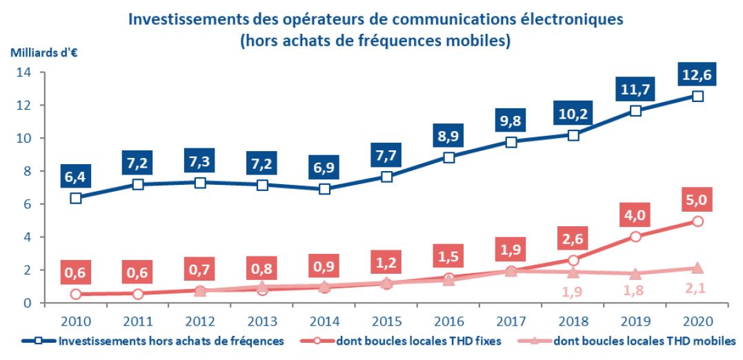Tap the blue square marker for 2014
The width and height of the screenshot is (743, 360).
pyautogui.click(x=325, y=188)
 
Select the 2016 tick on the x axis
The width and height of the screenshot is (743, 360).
pyautogui.click(x=448, y=321)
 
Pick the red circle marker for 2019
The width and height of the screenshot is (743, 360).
pyautogui.click(x=635, y=237)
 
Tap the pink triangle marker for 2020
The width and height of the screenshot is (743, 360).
pyautogui.click(x=697, y=268)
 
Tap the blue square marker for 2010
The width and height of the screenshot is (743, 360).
pyautogui.click(x=77, y=198)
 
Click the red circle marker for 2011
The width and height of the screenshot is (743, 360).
pyautogui.click(x=138, y=294)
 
